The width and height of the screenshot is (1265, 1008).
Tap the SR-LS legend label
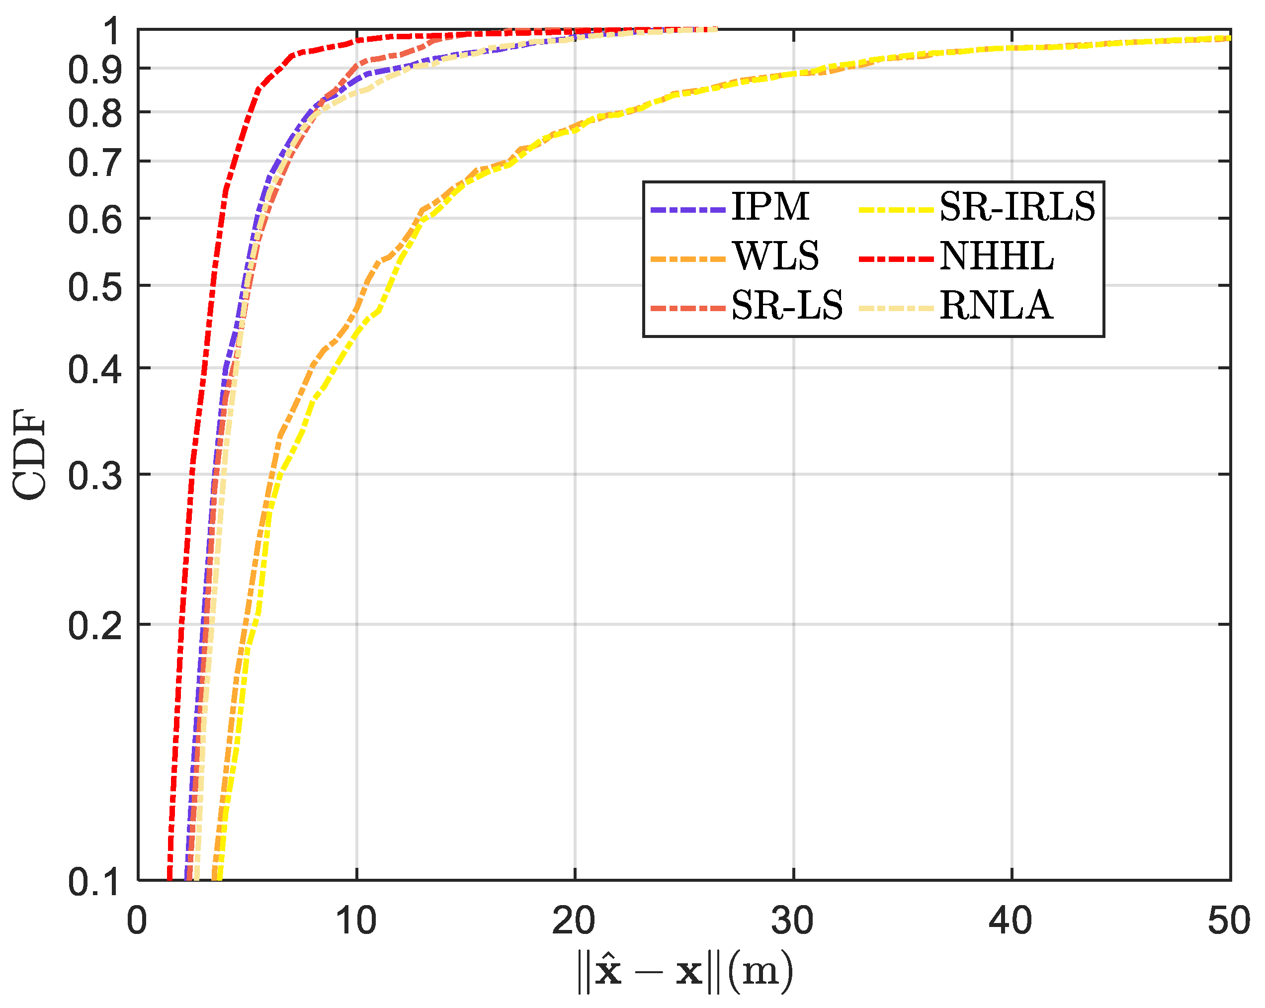(x=786, y=306)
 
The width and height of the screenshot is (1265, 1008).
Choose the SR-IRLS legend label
(x=1017, y=207)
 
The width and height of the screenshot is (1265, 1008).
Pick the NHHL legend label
(x=996, y=256)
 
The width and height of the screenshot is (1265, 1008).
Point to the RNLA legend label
(x=996, y=306)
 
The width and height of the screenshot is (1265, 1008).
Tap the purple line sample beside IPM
(x=687, y=209)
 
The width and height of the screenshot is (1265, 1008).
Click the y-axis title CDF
(x=29, y=455)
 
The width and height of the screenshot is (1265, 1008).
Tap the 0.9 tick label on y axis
(x=94, y=70)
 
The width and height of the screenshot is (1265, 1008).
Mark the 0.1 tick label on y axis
(x=94, y=882)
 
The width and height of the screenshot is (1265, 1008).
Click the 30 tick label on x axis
(x=792, y=921)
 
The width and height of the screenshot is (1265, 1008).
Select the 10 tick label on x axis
(x=355, y=921)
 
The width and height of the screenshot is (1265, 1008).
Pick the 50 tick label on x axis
(x=1229, y=921)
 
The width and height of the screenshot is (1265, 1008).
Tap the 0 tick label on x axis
(x=137, y=921)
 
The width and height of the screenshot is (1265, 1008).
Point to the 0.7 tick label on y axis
(x=94, y=163)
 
